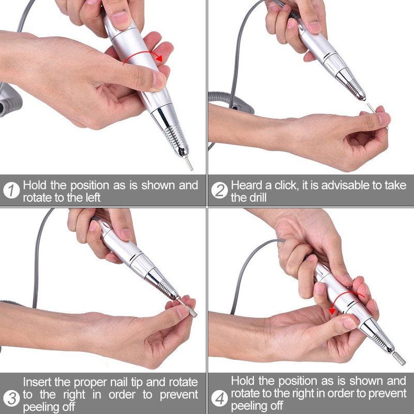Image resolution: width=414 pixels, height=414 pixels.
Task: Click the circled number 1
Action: [11, 190]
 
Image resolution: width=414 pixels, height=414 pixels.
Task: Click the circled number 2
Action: [219, 190]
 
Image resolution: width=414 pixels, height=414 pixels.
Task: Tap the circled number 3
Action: [11, 398]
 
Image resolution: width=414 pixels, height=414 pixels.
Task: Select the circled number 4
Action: [219, 398]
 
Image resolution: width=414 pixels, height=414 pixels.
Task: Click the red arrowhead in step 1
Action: [159, 57]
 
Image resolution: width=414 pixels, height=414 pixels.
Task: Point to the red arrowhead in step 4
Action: [332, 311]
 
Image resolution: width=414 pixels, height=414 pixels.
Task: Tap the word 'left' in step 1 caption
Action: [93, 198]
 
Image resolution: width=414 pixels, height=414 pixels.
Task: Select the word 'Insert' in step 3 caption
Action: [37, 382]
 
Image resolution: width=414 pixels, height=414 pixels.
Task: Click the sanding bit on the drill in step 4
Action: [399, 359]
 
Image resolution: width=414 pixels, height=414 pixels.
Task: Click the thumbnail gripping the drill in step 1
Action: [159, 81]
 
